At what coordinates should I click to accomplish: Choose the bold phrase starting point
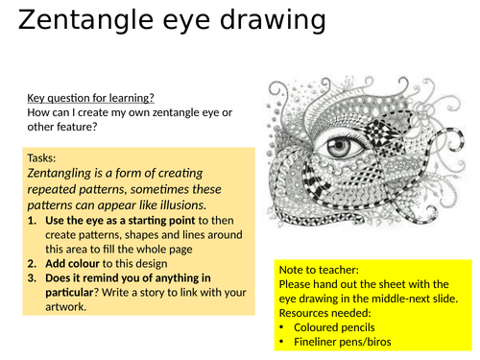coord(167,220)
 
